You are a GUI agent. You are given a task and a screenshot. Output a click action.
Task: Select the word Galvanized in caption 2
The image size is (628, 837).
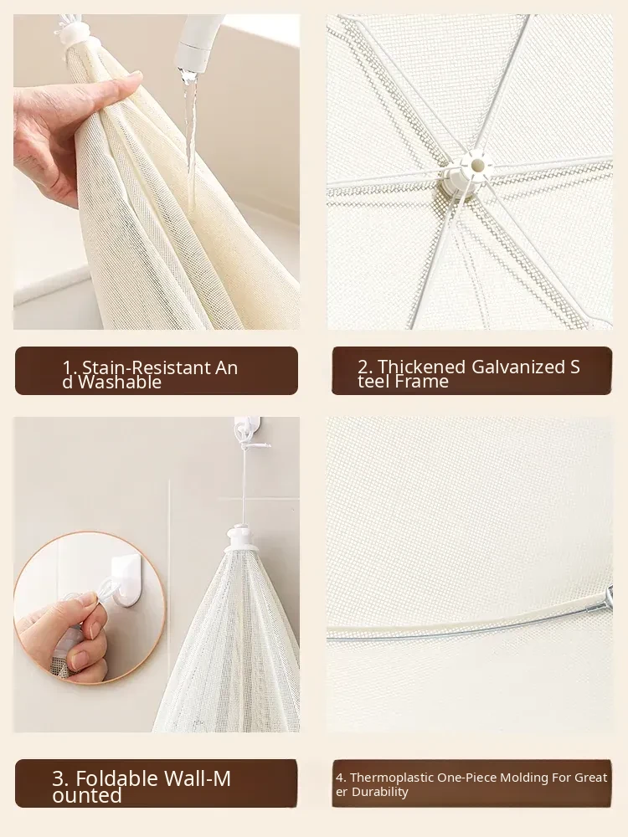tap(517, 367)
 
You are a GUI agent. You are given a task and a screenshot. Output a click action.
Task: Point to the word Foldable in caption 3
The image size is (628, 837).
tap(117, 778)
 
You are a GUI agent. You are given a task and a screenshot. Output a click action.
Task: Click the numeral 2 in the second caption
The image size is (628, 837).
tap(363, 367)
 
